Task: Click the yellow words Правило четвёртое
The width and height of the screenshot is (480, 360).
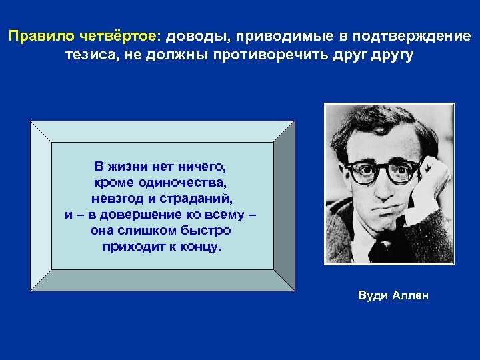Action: pos(88,36)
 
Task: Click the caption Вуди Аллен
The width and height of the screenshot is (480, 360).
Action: pos(393,295)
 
